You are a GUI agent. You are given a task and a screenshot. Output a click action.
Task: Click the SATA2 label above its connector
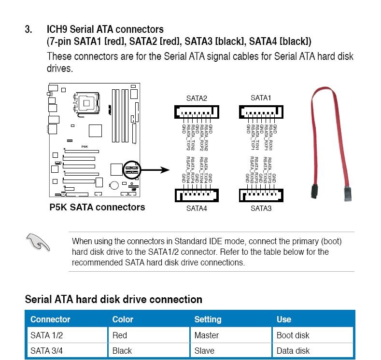tap(197, 98)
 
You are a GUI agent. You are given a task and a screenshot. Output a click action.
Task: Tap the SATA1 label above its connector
tap(261, 98)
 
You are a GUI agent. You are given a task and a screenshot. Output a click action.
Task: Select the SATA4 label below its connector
tap(197, 208)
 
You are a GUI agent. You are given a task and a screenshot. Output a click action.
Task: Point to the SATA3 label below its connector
tap(261, 208)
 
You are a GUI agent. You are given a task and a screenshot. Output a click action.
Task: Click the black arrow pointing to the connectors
tap(154, 170)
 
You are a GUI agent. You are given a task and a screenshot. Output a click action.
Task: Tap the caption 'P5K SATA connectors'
tap(97, 208)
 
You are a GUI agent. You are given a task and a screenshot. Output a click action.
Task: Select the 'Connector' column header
tap(50, 319)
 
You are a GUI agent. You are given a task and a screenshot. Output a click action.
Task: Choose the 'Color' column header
tap(123, 319)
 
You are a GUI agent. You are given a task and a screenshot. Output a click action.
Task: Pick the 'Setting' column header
tap(208, 319)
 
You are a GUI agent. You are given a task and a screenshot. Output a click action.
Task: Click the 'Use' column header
tap(284, 319)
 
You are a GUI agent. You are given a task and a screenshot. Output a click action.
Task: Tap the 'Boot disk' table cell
tap(293, 335)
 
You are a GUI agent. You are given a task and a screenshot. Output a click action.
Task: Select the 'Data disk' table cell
tap(293, 351)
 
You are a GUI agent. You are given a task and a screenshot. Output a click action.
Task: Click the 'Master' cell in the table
tap(206, 335)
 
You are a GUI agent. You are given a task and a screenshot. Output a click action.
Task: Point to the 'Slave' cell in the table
tap(204, 351)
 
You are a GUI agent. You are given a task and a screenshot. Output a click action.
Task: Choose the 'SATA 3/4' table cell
tap(46, 351)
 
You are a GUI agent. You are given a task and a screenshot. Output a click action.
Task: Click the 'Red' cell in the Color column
tap(119, 335)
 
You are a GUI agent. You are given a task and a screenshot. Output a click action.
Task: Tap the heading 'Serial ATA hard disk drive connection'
tap(113, 299)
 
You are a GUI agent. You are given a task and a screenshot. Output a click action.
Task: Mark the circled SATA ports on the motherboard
tap(132, 169)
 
